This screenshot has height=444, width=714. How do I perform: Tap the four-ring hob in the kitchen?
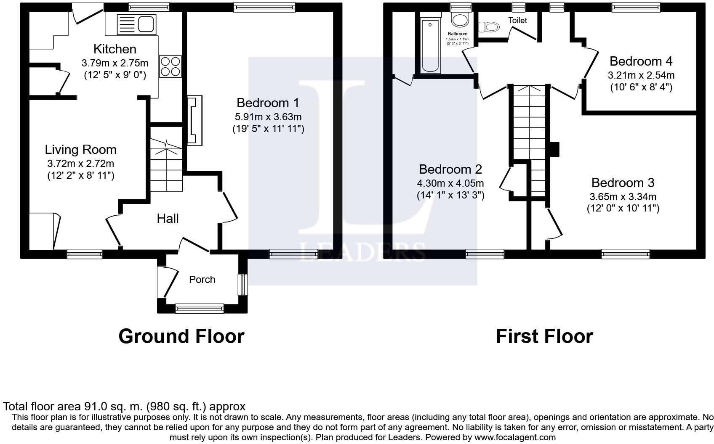(170, 66)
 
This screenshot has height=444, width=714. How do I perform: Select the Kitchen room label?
(115, 49)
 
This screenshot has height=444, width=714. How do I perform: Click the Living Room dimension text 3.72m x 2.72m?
(80, 163)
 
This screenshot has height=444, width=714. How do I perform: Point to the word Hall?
(168, 219)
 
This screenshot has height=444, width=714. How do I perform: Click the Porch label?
(202, 280)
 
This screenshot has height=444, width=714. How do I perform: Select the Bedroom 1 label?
(268, 103)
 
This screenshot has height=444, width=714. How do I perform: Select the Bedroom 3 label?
(623, 183)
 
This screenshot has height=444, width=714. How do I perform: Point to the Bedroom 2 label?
(450, 169)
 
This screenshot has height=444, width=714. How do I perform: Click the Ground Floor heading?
(181, 336)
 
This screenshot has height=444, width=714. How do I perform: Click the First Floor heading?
(544, 336)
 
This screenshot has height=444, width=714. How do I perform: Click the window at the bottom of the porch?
(200, 309)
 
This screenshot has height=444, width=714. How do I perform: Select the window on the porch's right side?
(243, 285)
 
